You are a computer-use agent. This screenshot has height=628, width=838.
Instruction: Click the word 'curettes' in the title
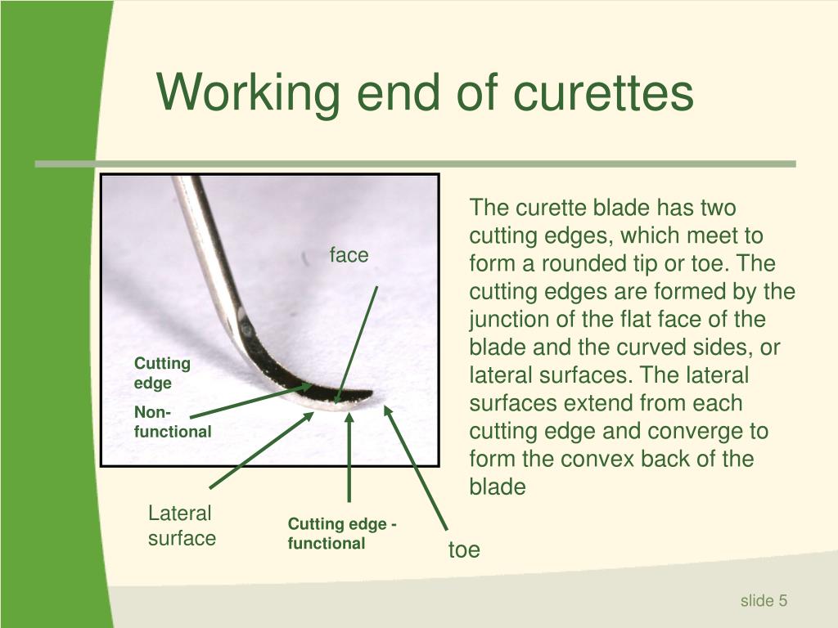603,92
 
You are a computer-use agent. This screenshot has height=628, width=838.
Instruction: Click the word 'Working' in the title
248,92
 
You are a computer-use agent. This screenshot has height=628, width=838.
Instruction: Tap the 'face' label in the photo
349,255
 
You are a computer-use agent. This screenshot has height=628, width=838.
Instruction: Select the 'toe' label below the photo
464,549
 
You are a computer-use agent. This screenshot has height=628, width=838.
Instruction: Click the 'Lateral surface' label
182,525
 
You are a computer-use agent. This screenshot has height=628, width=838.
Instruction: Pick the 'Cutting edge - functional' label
342,533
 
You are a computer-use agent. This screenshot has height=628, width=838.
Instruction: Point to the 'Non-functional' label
172,422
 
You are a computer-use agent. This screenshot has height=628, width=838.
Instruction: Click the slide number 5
783,601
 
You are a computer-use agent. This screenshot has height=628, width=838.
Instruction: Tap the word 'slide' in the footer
757,601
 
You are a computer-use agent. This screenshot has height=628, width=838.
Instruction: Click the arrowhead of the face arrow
336,400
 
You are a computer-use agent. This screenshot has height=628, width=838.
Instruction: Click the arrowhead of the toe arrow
389,409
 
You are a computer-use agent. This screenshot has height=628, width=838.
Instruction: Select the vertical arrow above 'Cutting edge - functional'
349,458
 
